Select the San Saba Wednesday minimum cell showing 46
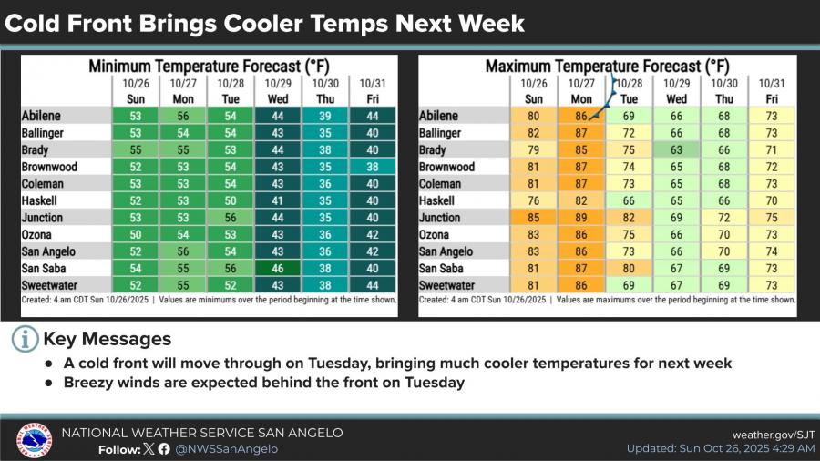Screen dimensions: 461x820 point(278,269)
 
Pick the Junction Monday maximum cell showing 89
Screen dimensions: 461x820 point(580,218)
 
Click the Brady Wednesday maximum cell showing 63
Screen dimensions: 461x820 point(676,150)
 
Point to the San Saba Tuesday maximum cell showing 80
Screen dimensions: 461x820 point(629,269)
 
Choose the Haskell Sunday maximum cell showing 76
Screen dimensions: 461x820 point(534,201)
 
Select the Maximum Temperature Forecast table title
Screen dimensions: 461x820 point(607,66)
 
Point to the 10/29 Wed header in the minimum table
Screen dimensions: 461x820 point(278,91)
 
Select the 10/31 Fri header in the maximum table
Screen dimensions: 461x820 point(772,91)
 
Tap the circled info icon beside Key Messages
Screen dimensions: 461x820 point(26,339)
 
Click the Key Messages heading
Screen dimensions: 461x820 point(107,339)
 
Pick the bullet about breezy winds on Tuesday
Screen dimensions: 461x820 point(264,383)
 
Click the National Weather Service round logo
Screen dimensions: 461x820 point(34,439)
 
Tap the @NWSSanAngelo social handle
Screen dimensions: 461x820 point(227,448)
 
